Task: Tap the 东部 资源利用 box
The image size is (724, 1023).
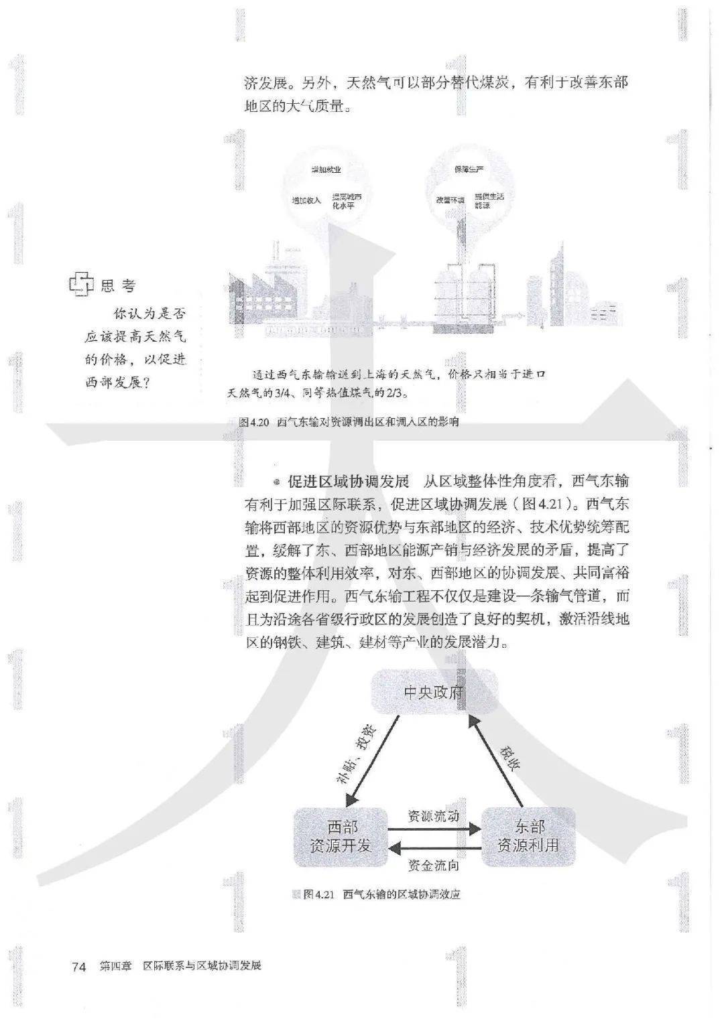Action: (528, 836)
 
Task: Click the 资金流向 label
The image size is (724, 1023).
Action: (434, 866)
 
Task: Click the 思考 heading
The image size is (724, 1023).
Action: (119, 286)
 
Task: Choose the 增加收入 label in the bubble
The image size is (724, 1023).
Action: (306, 200)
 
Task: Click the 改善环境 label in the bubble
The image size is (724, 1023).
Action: (450, 200)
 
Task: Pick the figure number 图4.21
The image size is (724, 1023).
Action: (318, 894)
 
